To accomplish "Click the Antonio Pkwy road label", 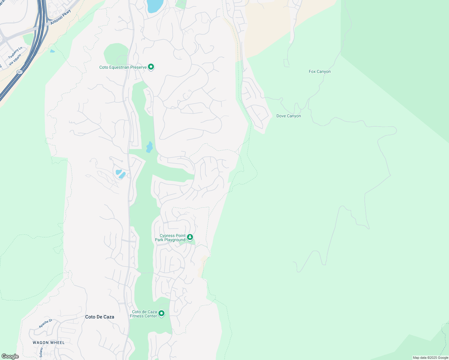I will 61,17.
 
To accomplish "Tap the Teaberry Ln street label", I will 15,53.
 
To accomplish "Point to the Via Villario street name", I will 15,59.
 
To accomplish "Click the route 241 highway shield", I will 20,72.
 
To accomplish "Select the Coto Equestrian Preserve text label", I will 123,67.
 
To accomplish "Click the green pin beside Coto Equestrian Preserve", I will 151,67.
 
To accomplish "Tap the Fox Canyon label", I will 320,71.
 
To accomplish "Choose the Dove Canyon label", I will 288,116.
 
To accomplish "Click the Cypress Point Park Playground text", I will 170,238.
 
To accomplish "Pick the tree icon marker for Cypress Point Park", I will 190,238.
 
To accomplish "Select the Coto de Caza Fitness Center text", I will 144,314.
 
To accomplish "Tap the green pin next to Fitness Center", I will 161,314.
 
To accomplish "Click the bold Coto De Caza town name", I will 100,317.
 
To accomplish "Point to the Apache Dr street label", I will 46,323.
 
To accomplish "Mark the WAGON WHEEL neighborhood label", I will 49,343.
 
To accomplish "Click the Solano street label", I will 41,352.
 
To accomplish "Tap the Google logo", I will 10,356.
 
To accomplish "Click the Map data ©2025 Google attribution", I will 430,358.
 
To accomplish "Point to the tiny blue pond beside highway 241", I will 53,51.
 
